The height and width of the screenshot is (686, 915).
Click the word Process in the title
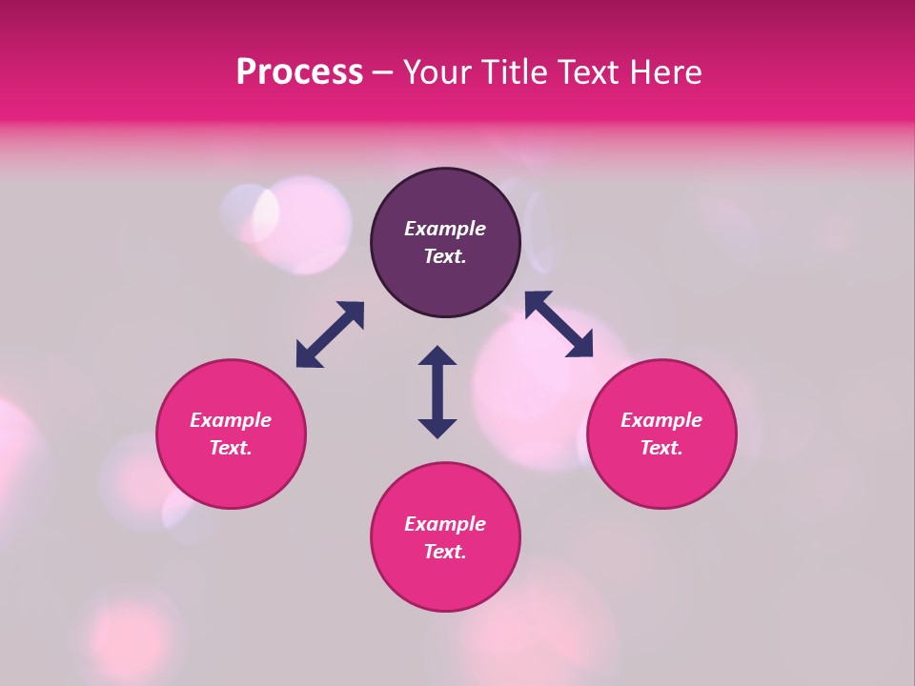[x=299, y=72]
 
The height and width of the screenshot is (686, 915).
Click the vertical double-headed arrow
[x=437, y=392]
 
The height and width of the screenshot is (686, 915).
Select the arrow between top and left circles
[x=330, y=334]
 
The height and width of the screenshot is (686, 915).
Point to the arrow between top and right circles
[x=559, y=324]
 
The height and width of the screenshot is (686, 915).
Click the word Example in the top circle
[x=445, y=229]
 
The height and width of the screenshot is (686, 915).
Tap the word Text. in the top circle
[x=445, y=256]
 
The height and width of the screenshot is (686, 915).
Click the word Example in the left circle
[x=231, y=420]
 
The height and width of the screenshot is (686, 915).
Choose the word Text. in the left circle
[x=231, y=448]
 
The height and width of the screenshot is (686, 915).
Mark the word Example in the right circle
[x=661, y=420]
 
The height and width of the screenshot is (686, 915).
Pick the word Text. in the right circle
[x=661, y=448]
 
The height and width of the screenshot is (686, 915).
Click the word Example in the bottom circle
[x=445, y=524]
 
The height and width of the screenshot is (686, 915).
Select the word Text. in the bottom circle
[x=445, y=552]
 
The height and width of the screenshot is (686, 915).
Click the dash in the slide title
[x=383, y=73]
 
